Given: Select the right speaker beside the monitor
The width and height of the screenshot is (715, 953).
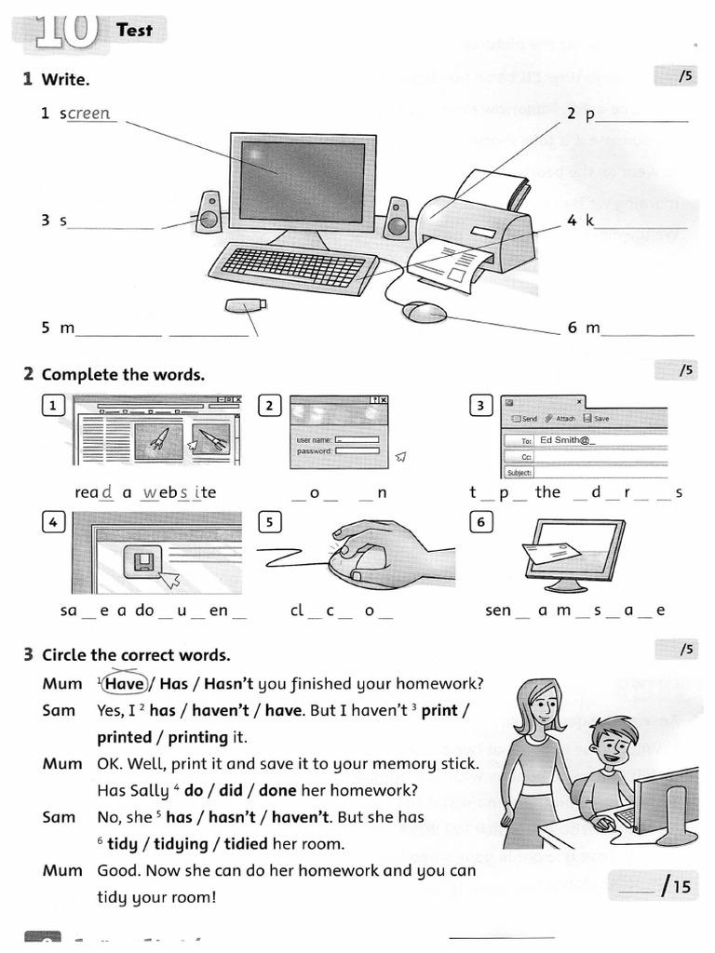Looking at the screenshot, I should point(398,217).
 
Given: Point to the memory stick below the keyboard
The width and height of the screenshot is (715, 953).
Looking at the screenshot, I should point(246,304).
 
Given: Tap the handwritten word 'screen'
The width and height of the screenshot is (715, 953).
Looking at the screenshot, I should point(88,114).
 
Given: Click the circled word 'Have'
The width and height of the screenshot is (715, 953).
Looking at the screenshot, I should point(125,684).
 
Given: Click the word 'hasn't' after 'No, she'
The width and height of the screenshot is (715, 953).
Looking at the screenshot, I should point(226,817).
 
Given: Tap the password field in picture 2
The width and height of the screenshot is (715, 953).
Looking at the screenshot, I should point(357,450).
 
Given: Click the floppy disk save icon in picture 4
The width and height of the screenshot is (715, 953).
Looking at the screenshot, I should point(143,561).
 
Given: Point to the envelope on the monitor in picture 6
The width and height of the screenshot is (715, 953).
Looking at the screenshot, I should point(551,554).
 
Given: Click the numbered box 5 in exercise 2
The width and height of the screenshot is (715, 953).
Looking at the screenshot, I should point(270,522).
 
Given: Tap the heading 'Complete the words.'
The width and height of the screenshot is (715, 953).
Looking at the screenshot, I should point(123,375).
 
